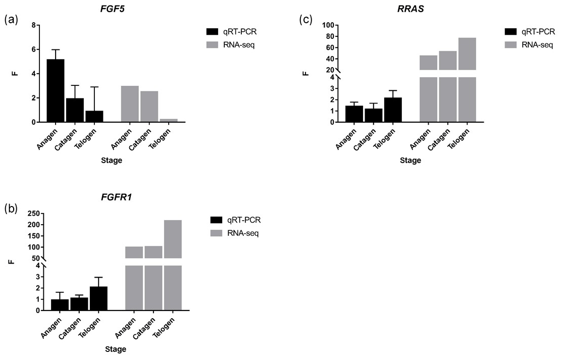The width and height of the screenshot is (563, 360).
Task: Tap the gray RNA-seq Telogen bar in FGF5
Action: [168, 120]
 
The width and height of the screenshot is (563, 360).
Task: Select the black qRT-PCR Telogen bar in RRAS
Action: [393, 110]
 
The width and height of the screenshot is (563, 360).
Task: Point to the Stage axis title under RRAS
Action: [410, 161]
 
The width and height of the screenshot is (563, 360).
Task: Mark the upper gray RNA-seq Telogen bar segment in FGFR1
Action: [173, 239]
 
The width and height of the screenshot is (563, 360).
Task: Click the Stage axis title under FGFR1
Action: [116, 349]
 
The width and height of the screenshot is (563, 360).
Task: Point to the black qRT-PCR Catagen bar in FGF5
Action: [75, 110]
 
